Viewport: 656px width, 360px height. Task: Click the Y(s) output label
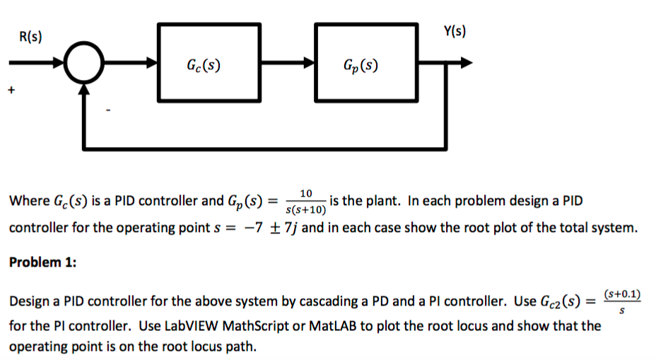[455, 31]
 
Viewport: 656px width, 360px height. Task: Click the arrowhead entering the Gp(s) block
[310, 63]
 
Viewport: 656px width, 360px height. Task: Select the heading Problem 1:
[42, 262]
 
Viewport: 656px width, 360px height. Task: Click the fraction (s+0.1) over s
[622, 301]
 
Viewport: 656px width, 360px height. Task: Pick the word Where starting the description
[28, 201]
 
